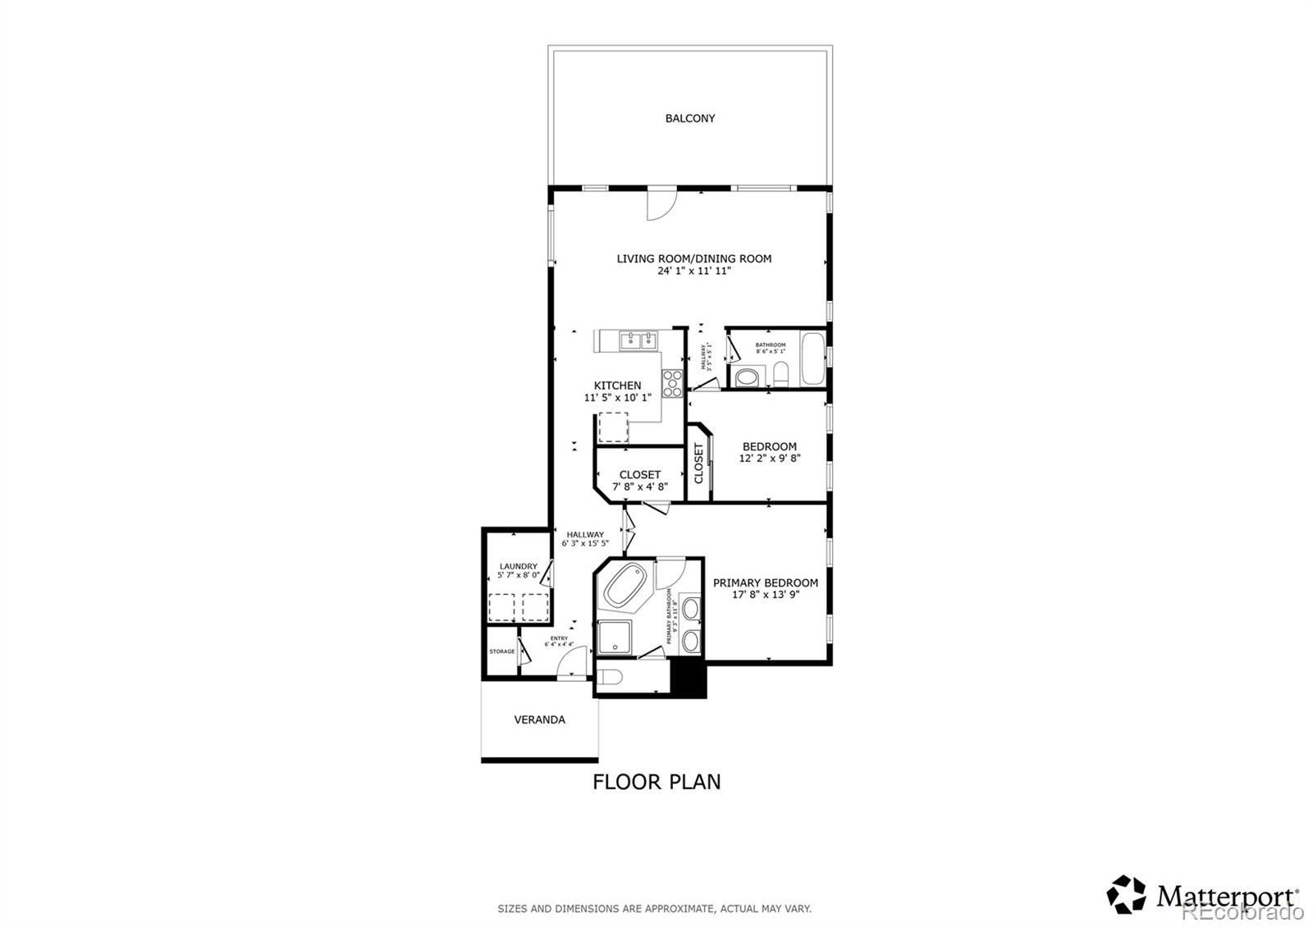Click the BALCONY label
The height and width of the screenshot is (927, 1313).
(689, 118)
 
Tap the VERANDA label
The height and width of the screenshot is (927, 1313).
(539, 719)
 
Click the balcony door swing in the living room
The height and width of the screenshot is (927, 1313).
(660, 204)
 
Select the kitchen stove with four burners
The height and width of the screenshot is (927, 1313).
(673, 384)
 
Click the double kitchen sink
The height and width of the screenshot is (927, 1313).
(638, 340)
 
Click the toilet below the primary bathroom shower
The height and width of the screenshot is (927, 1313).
(610, 678)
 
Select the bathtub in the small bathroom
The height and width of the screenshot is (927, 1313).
(813, 358)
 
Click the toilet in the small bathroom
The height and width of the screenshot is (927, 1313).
(780, 376)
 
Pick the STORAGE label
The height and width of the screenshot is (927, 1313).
(502, 651)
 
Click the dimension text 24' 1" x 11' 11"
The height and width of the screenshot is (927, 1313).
(693, 271)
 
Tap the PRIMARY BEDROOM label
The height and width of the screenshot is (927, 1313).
(765, 582)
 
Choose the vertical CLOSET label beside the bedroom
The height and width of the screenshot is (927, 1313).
(699, 463)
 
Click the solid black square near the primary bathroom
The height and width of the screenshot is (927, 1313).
(689, 678)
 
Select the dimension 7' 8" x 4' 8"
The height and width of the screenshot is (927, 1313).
(640, 486)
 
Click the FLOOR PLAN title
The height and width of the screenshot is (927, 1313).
(656, 782)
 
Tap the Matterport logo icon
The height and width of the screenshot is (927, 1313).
(1126, 894)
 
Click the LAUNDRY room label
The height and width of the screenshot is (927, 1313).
(518, 566)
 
